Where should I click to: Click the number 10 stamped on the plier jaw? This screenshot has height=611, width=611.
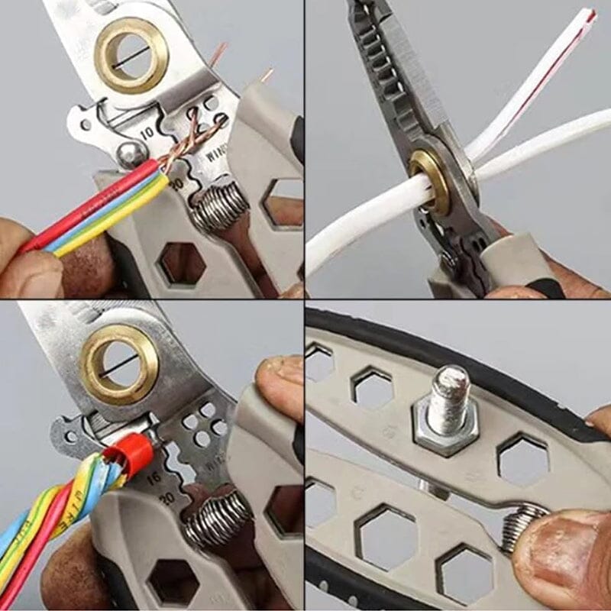point(147,132)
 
